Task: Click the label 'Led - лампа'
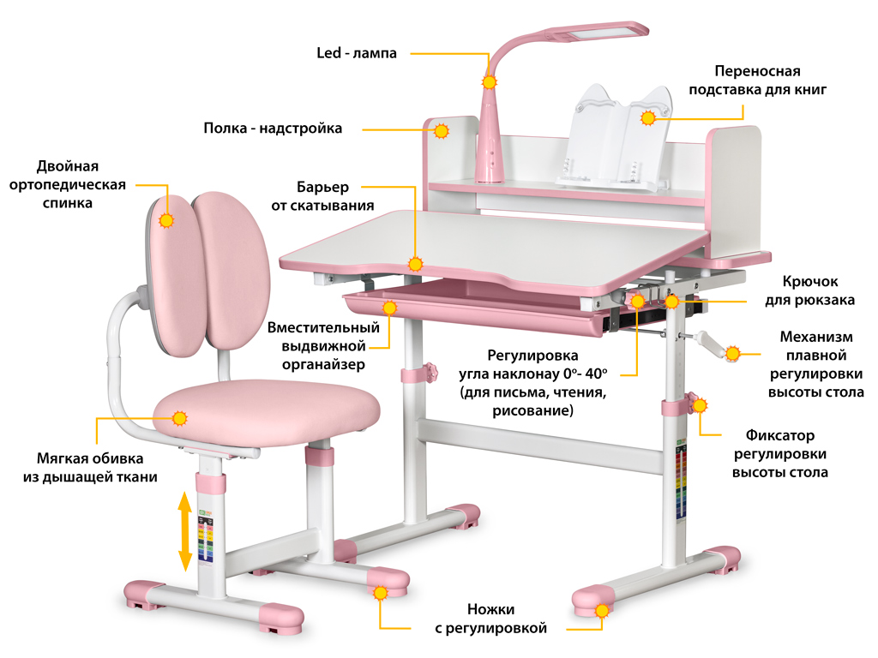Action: (x=357, y=53)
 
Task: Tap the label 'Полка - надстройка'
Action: (x=273, y=129)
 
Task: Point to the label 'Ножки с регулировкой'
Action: (x=490, y=619)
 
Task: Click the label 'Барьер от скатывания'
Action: (x=322, y=195)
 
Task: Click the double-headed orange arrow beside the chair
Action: (x=184, y=530)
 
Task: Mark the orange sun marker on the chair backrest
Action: (x=166, y=219)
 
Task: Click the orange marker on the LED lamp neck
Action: (x=489, y=82)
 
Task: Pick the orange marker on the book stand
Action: (x=649, y=117)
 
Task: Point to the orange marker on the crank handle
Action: (x=732, y=353)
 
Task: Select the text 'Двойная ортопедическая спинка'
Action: (x=69, y=184)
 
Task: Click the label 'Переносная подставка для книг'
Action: (x=758, y=80)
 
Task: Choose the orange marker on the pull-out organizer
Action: (x=390, y=307)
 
